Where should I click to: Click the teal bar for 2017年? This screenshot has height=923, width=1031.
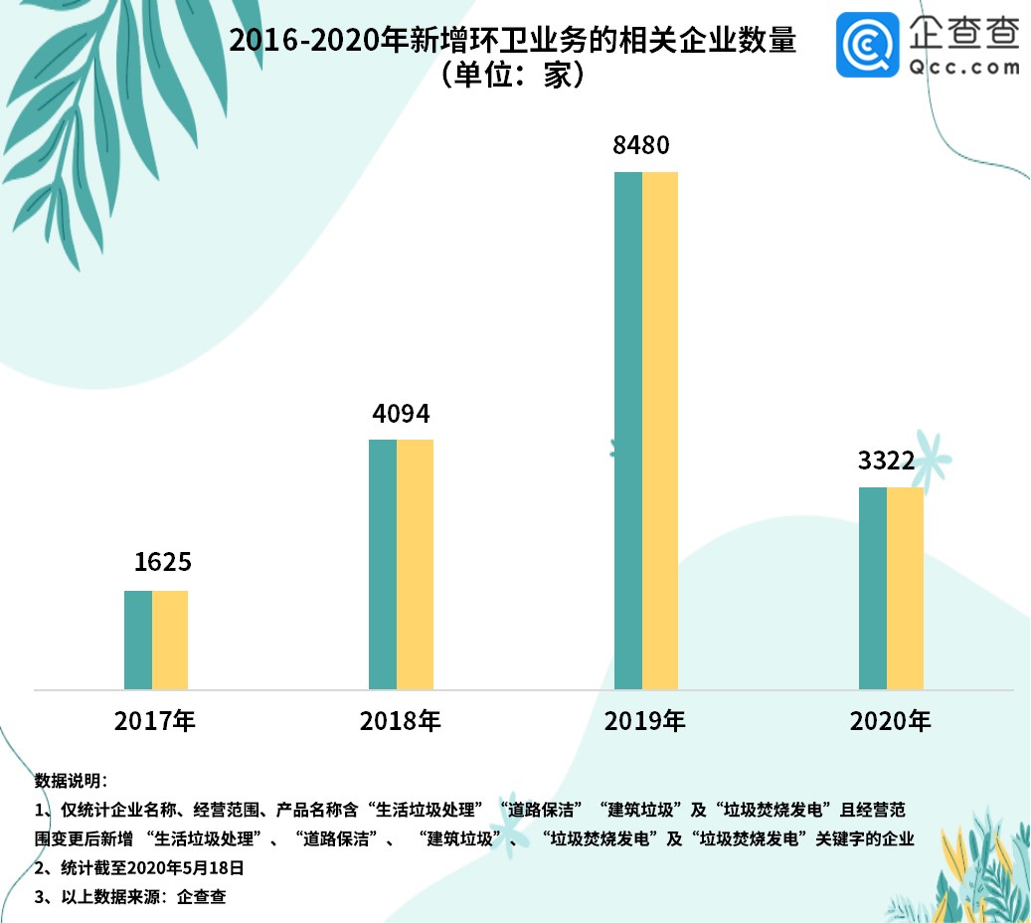point(138,640)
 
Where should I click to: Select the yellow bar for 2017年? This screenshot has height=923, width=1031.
point(170,640)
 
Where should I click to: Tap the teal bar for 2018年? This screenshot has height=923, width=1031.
point(383,564)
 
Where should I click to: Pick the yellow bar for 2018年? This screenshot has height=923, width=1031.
point(416,564)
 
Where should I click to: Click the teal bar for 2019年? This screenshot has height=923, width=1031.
point(628,430)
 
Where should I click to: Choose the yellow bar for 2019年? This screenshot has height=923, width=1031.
point(660,430)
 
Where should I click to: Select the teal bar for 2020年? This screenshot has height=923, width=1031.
point(873,588)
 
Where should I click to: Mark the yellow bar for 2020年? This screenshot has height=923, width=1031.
point(906,588)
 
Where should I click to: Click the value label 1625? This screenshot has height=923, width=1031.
point(162,562)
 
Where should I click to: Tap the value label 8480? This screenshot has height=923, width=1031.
point(641,146)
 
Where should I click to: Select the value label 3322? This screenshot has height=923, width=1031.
point(886,461)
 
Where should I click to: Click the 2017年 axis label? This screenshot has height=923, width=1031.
point(155,721)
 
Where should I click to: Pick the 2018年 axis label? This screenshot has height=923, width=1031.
point(400,721)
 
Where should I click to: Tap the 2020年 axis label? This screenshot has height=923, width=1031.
point(890,721)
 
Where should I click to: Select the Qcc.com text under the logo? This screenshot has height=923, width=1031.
point(964,68)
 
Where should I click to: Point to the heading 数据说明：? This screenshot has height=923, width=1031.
point(70,779)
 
